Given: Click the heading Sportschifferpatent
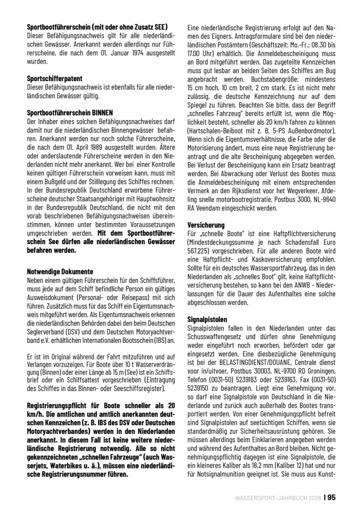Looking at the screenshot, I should coord(55,78).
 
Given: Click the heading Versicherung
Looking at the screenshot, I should coord(205,226).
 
